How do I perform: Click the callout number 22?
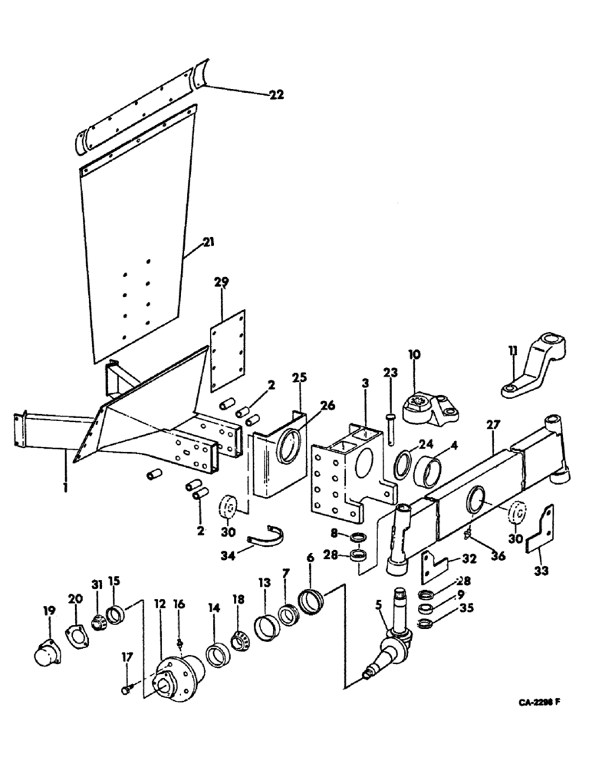276,95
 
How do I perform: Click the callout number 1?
66,485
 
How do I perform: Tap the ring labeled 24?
403,464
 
